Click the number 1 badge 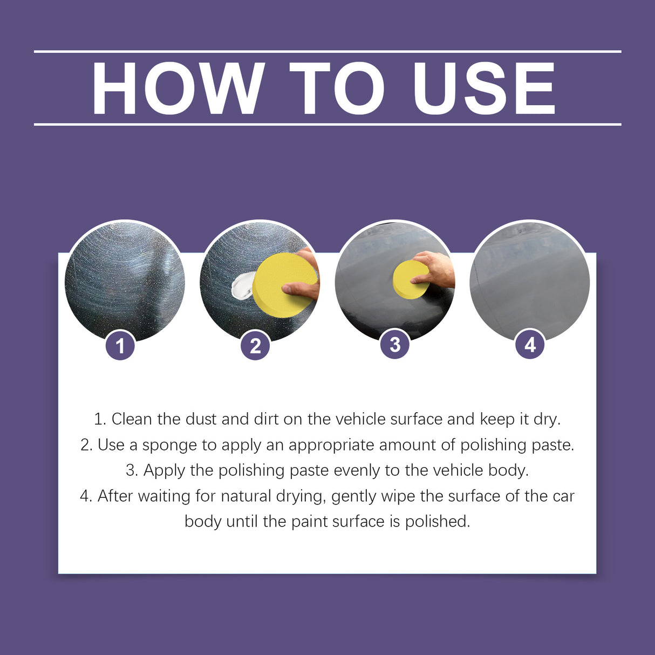pos(120,345)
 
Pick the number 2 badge pos(255,345)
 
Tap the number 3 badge pos(395,344)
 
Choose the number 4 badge pos(530,344)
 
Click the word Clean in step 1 pos(131,419)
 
